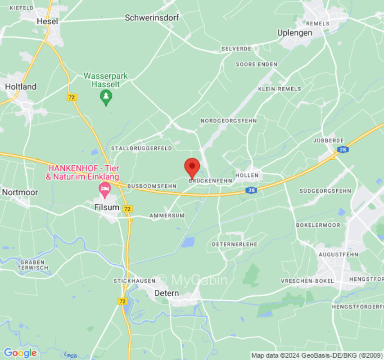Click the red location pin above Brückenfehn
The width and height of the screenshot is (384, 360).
pyautogui.click(x=192, y=167)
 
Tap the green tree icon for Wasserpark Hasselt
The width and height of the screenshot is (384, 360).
pyautogui.click(x=106, y=97)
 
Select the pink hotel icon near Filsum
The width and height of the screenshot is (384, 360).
pyautogui.click(x=105, y=190)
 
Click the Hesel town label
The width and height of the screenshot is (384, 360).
pyautogui.click(x=47, y=21)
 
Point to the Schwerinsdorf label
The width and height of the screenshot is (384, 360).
pyautogui.click(x=152, y=18)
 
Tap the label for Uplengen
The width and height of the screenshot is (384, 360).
pyautogui.click(x=295, y=33)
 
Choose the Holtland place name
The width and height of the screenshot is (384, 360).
pyautogui.click(x=21, y=86)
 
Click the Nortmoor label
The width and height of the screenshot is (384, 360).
pyautogui.click(x=20, y=192)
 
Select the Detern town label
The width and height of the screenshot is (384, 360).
pyautogui.click(x=167, y=293)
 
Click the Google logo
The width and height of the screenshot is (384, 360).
pyautogui.click(x=20, y=353)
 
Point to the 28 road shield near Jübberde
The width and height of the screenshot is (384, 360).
pyautogui.click(x=343, y=149)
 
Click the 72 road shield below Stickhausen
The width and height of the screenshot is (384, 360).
pyautogui.click(x=123, y=301)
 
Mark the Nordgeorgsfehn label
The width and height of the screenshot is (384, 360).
pyautogui.click(x=229, y=121)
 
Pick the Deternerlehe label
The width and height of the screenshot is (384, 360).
pyautogui.click(x=235, y=244)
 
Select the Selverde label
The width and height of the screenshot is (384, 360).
pyautogui.click(x=236, y=49)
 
